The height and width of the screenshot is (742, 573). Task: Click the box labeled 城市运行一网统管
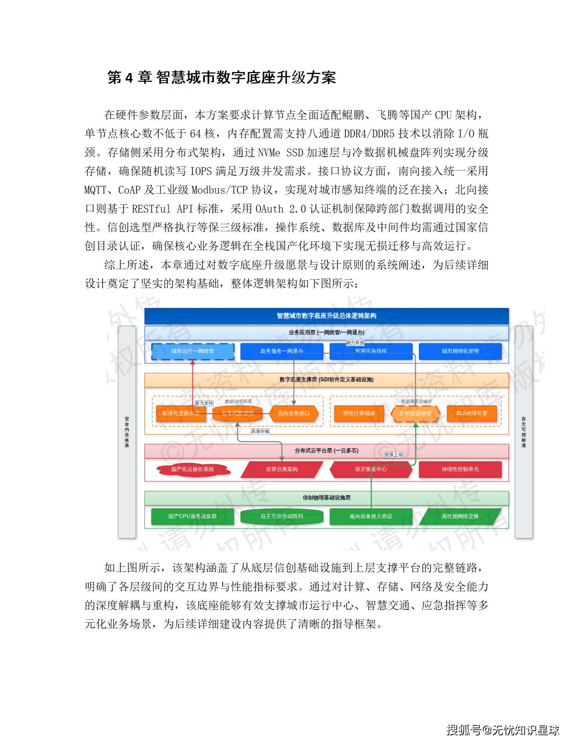pos(192,351)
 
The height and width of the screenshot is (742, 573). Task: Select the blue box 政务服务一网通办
pos(282,351)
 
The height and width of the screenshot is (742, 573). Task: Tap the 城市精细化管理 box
pos(460,351)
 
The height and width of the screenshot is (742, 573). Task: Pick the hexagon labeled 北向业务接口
pos(294,414)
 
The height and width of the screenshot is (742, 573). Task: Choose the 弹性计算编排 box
pos(359,414)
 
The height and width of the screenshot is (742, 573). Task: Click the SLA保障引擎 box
pos(472,414)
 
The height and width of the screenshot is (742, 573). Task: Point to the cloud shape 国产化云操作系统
pos(192,469)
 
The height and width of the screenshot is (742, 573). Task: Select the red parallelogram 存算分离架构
pos(282,469)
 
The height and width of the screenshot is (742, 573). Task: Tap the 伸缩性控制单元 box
pos(460,469)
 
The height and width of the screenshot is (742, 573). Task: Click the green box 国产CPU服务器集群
pos(192,516)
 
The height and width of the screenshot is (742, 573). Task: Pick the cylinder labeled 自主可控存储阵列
pos(282,516)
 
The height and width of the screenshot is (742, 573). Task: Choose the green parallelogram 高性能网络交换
pos(460,516)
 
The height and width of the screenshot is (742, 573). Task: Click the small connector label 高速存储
pos(260,431)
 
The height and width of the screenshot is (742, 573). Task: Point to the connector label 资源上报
pos(394,455)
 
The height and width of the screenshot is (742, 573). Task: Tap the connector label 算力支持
pos(204,403)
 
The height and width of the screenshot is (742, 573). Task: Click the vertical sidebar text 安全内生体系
pos(127,432)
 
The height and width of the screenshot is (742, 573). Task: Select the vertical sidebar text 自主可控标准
pos(523,432)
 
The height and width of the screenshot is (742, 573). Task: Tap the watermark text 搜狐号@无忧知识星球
pos(502,730)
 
